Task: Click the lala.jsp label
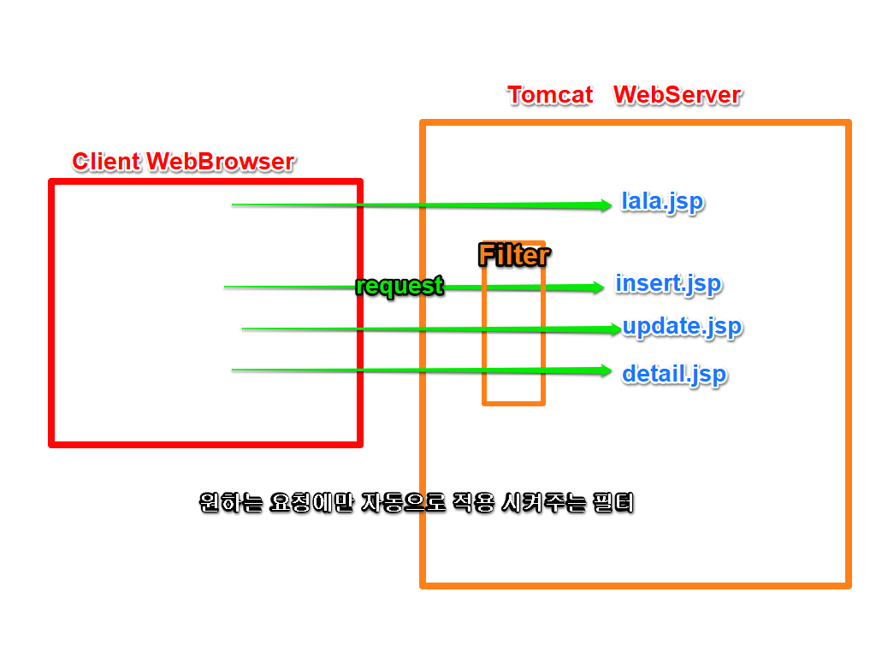pos(662,203)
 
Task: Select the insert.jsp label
pos(668,283)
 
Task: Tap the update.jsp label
pos(682,327)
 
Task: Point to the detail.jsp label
pos(674,374)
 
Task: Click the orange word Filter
pos(513,255)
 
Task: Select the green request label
pos(400,286)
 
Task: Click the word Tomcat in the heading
pos(550,94)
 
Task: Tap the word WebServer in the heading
pos(677,94)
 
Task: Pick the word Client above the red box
pos(106,161)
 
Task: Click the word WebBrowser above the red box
pos(221,161)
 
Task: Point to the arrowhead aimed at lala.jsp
pos(606,204)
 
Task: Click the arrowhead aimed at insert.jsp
pos(598,287)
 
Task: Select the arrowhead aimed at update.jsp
pos(613,328)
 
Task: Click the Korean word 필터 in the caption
pos(615,502)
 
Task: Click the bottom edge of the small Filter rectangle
pos(513,402)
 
